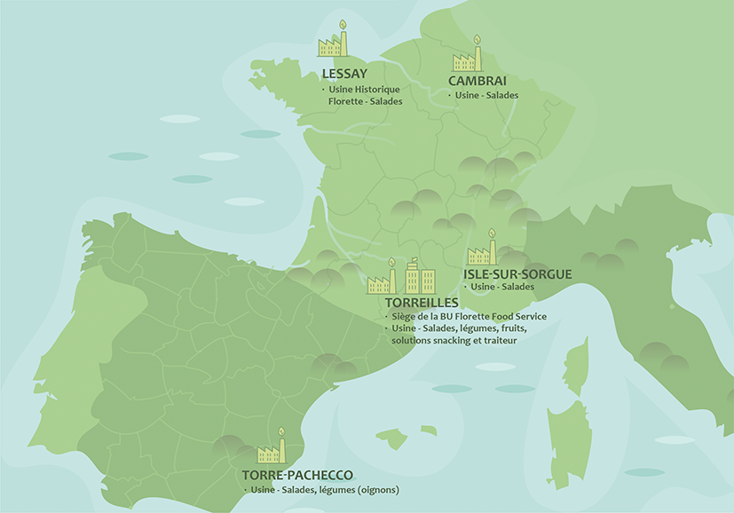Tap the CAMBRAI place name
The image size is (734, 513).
tap(477, 81)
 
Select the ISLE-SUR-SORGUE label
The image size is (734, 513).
tap(517, 274)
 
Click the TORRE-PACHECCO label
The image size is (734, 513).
tap(297, 476)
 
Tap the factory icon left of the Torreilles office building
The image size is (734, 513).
tap(382, 278)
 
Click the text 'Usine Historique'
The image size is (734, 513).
tap(365, 90)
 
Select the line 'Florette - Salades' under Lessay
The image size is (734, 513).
tap(365, 101)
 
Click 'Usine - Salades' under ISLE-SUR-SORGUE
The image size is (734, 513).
tap(502, 287)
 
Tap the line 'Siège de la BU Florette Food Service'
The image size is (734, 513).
tap(468, 317)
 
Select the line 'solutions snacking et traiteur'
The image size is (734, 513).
tap(454, 340)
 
